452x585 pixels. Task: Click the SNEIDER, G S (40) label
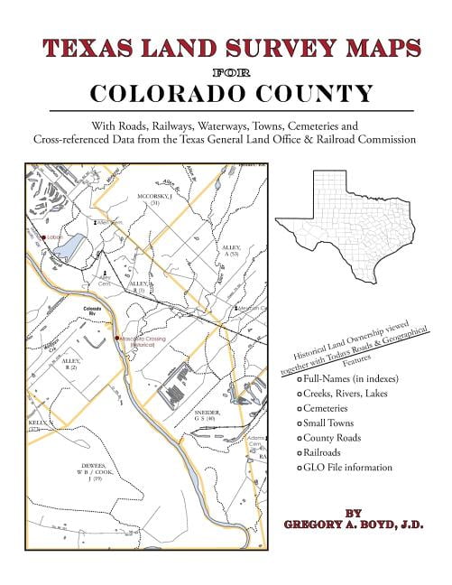[x=204, y=417]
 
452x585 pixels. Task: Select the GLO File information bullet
[x=348, y=468]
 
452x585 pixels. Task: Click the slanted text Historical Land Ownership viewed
[x=347, y=339]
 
